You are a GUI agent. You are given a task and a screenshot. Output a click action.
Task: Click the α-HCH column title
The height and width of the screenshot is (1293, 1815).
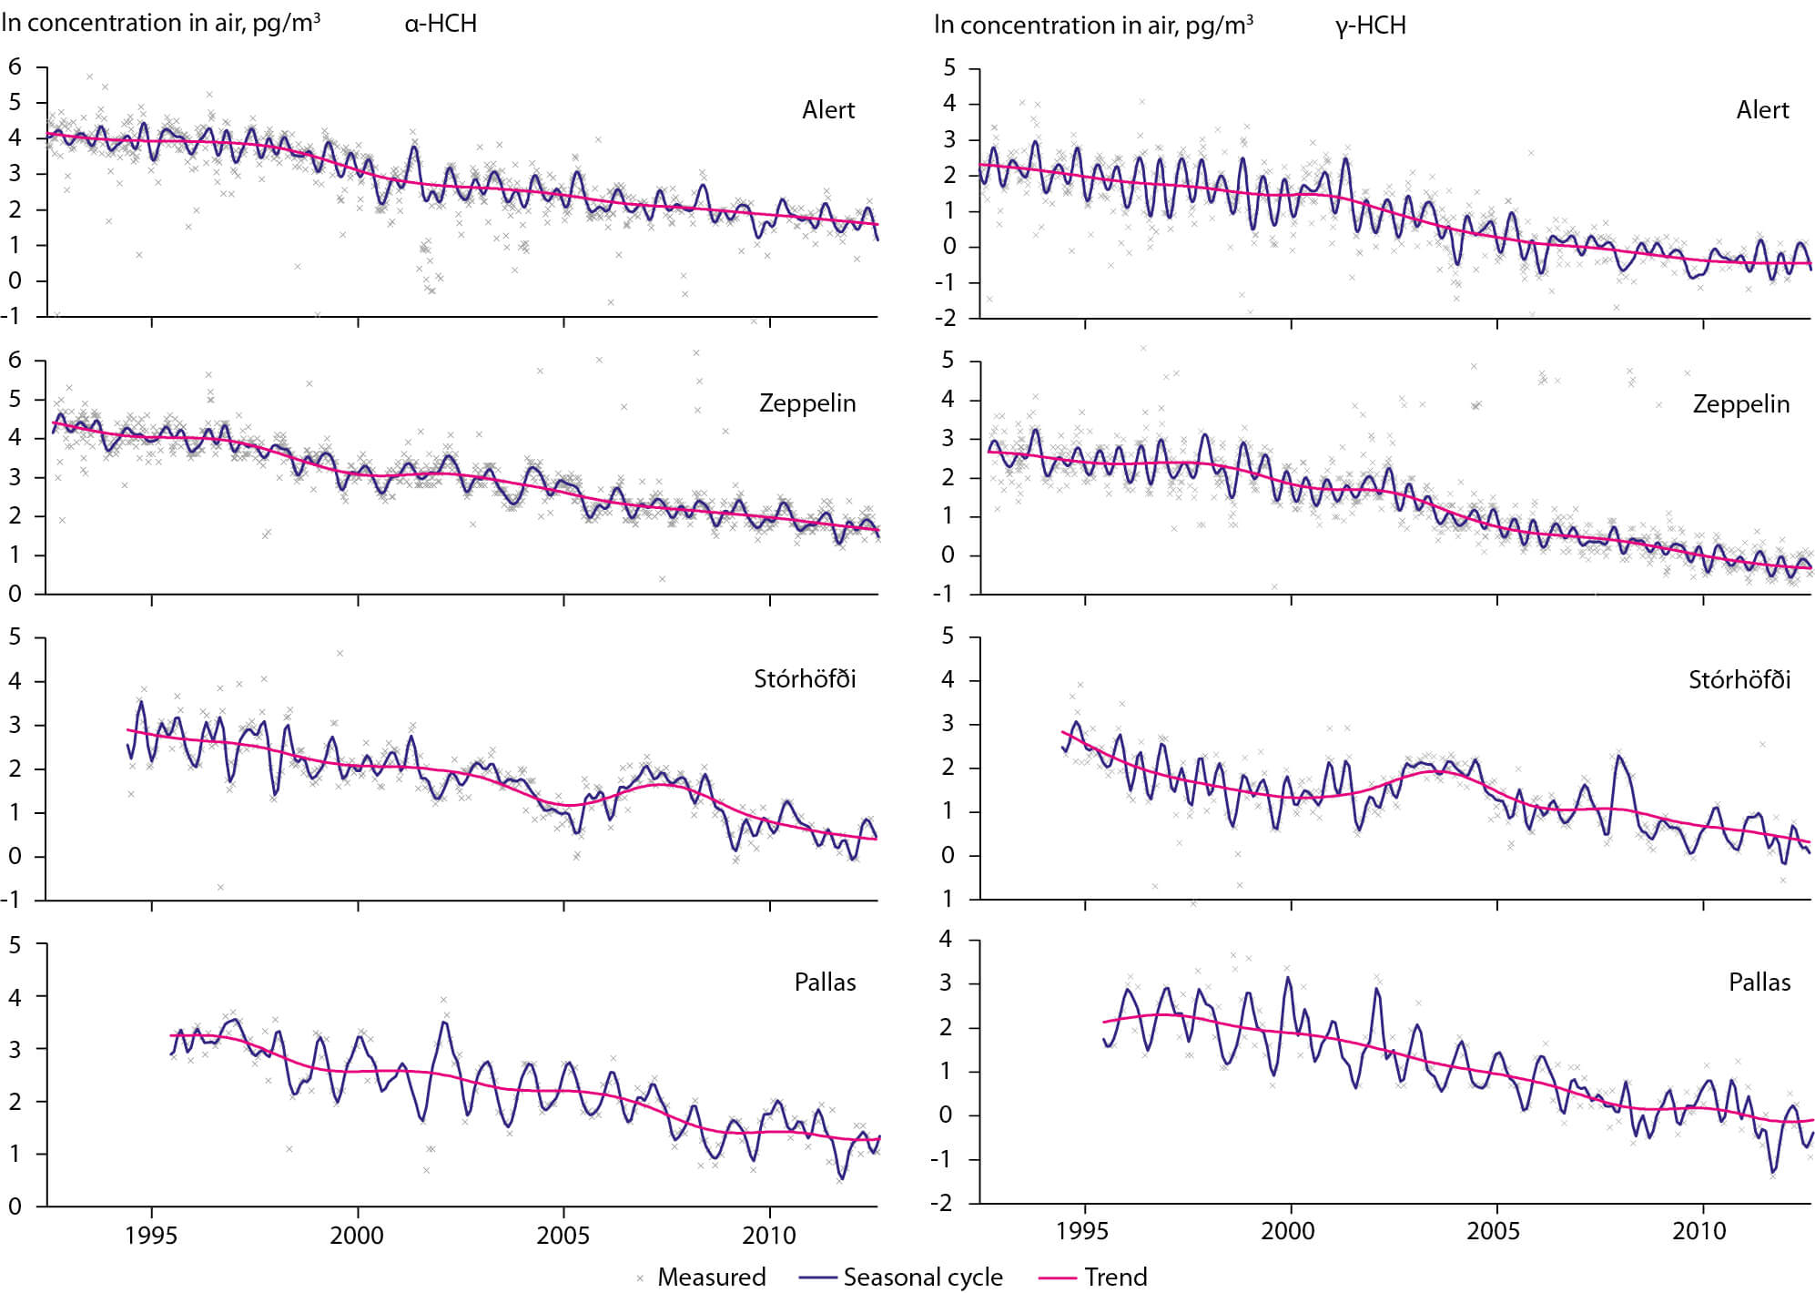click(441, 24)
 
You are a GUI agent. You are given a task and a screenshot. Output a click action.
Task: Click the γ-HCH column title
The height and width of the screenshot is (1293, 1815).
click(1371, 25)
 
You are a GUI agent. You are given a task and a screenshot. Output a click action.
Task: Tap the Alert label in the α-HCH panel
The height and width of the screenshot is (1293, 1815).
click(828, 110)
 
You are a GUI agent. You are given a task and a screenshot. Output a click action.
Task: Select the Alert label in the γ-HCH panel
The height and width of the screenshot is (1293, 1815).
click(1762, 110)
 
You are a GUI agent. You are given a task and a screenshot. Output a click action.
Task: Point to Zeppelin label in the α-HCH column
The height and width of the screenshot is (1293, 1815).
click(807, 403)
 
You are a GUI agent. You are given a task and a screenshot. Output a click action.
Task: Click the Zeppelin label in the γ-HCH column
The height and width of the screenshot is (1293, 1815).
click(1740, 404)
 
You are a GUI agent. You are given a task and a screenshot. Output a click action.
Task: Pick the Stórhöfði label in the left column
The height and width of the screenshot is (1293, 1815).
click(805, 679)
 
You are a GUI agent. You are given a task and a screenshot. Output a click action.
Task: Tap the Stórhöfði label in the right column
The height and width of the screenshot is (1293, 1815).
click(1739, 680)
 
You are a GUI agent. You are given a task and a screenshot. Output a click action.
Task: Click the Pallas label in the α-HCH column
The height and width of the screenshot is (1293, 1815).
click(825, 982)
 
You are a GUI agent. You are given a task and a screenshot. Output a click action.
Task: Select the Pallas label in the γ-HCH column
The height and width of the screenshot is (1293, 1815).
click(1759, 982)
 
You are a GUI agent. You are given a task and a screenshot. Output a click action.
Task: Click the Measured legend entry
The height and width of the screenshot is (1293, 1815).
click(711, 1277)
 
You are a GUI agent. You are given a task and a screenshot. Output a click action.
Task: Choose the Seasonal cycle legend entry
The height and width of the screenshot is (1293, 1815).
click(922, 1277)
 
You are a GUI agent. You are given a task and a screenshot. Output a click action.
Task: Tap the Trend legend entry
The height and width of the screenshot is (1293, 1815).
click(1115, 1277)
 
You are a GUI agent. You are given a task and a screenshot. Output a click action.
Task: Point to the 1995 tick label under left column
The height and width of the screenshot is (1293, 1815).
click(151, 1236)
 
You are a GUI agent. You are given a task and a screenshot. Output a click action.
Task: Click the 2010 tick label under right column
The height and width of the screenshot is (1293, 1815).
click(1698, 1231)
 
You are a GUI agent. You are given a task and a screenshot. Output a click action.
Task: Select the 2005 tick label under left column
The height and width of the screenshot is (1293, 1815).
click(563, 1236)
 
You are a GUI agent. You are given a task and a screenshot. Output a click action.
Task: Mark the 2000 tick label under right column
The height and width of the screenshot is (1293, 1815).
click(1287, 1231)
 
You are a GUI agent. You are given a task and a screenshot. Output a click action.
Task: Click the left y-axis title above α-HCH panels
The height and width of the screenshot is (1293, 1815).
click(160, 24)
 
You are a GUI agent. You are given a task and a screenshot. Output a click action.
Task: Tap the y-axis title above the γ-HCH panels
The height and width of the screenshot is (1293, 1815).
click(1093, 25)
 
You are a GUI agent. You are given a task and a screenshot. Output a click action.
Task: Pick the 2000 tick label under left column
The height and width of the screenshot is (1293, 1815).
click(357, 1236)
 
